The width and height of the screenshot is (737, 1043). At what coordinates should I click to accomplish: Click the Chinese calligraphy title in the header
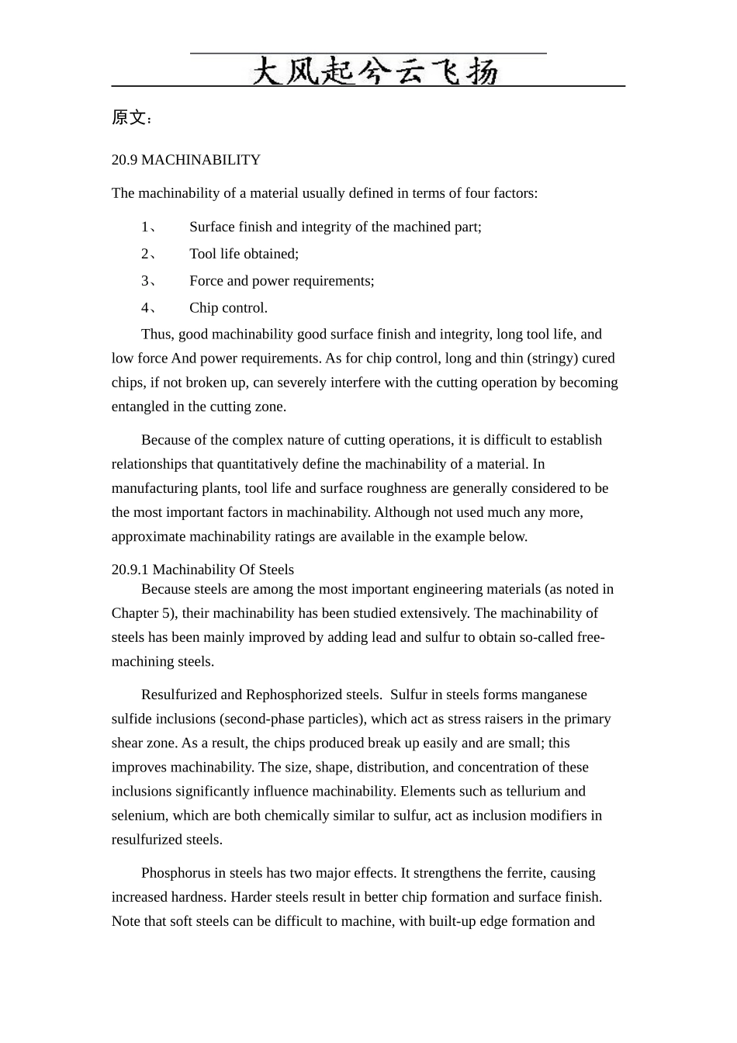(x=375, y=71)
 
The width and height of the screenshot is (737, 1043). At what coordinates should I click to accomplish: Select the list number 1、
(x=148, y=227)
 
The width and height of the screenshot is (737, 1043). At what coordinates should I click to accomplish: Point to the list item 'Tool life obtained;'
(x=244, y=254)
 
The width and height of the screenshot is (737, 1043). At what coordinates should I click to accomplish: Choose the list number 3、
(x=148, y=281)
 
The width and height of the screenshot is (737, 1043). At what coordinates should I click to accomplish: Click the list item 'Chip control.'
(x=228, y=308)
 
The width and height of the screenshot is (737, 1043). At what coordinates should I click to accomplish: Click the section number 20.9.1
(x=130, y=570)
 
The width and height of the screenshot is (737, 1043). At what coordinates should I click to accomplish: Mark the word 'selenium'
(x=138, y=816)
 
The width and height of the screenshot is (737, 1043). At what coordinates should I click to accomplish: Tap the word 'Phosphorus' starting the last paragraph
(x=175, y=873)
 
